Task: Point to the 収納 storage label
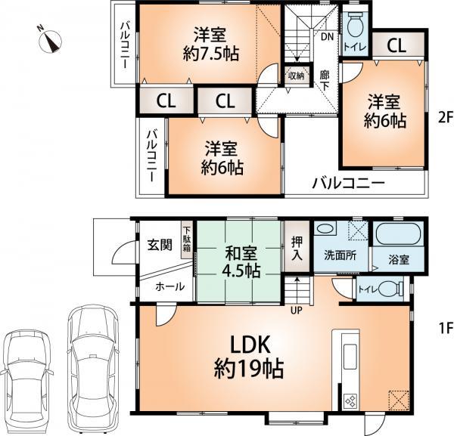[295, 75]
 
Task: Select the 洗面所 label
[341, 256]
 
